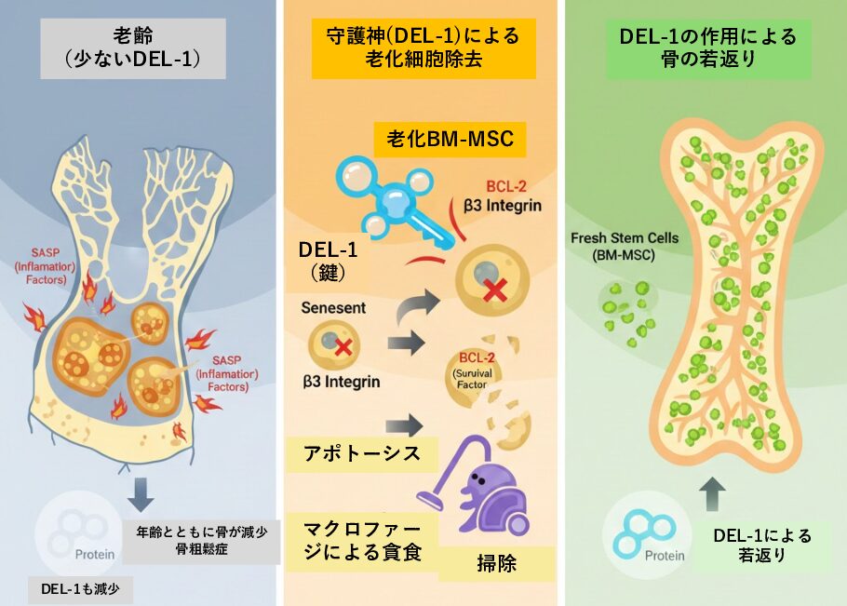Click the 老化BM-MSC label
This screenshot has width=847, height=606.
(450, 141)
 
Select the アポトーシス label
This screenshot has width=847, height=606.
(358, 454)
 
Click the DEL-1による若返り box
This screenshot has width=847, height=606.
(761, 545)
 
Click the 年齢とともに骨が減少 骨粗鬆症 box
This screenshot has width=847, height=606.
(201, 542)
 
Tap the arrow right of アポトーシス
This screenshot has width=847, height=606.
(403, 427)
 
